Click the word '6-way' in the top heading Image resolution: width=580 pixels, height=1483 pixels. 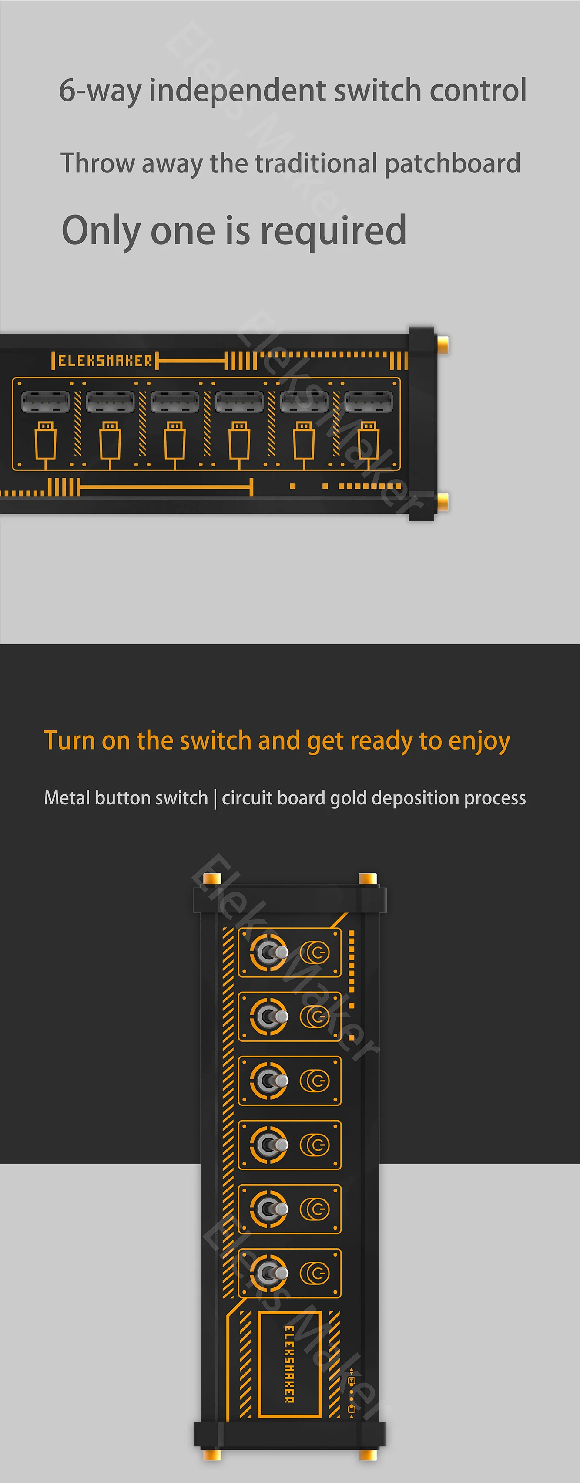pyautogui.click(x=100, y=91)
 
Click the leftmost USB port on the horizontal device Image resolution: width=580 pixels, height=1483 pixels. pyautogui.click(x=45, y=401)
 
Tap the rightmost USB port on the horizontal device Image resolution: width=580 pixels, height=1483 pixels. pyautogui.click(x=368, y=401)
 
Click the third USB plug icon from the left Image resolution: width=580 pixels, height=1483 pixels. pyautogui.click(x=174, y=442)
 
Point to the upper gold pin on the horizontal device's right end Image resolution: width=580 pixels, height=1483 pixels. pyautogui.click(x=443, y=345)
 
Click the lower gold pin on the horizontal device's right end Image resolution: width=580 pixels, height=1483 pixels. pyautogui.click(x=443, y=502)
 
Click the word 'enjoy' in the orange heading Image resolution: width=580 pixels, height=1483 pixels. pyautogui.click(x=479, y=741)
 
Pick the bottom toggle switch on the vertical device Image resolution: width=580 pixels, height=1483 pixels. pyautogui.click(x=269, y=1274)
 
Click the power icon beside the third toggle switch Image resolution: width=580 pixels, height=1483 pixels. pyautogui.click(x=315, y=1081)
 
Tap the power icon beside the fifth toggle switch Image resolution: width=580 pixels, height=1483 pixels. pyautogui.click(x=315, y=1209)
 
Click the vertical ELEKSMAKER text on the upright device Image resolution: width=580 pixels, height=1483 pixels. pyautogui.click(x=289, y=1363)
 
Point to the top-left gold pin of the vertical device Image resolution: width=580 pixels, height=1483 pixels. pyautogui.click(x=212, y=878)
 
